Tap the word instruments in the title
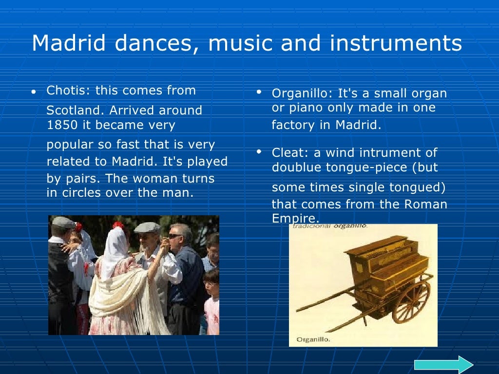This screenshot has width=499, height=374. pyautogui.click(x=396, y=43)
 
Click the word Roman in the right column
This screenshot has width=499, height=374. pyautogui.click(x=425, y=204)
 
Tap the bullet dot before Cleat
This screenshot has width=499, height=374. pyautogui.click(x=259, y=151)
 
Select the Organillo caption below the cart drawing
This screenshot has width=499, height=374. pyautogui.click(x=313, y=339)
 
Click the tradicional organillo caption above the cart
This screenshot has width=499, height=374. pyautogui.click(x=328, y=226)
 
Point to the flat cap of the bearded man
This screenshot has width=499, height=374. pyautogui.click(x=147, y=227)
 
